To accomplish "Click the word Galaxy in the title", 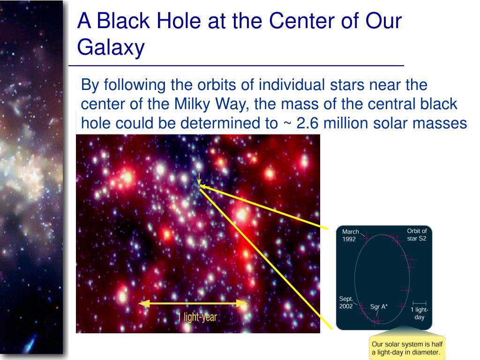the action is (111, 48).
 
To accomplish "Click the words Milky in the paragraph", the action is (192, 104).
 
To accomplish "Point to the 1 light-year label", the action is (197, 317).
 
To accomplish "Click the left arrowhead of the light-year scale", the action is (144, 303).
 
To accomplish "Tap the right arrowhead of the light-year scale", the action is (242, 303).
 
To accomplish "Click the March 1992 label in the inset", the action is (350, 235).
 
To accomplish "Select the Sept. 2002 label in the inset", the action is (346, 302).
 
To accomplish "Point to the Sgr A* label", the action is (379, 307).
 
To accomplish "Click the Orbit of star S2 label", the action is (417, 234).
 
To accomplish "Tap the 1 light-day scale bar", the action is (419, 303).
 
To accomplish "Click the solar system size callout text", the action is (407, 348).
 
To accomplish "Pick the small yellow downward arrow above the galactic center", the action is (199, 179).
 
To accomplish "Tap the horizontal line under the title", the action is (236, 66).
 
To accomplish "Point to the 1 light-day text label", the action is (420, 313).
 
